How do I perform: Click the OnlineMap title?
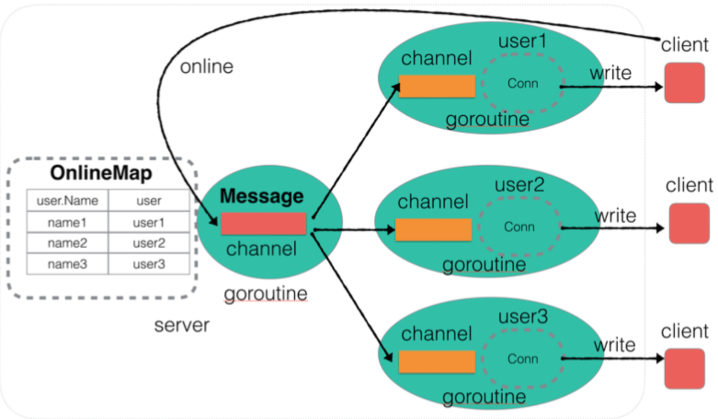point(101,174)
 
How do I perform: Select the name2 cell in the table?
point(67,243)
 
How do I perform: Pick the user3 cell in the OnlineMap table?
point(149,264)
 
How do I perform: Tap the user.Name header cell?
point(67,201)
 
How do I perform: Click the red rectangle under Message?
point(263,223)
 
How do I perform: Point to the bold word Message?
point(262,196)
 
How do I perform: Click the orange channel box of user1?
point(437,86)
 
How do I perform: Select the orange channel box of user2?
point(433,230)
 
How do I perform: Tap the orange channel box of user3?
point(437,361)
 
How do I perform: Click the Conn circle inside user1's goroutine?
point(483,83)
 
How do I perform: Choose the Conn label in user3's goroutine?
point(523,359)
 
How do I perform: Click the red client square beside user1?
point(684,83)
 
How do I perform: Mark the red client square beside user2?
point(689,223)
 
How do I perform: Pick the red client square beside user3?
point(684,369)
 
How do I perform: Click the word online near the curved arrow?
point(207,67)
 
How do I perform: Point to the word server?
point(182,326)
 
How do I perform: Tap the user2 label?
point(519,185)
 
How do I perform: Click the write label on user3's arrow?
point(615,345)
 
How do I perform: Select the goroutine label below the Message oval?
point(266,294)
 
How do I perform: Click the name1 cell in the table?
point(67,222)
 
